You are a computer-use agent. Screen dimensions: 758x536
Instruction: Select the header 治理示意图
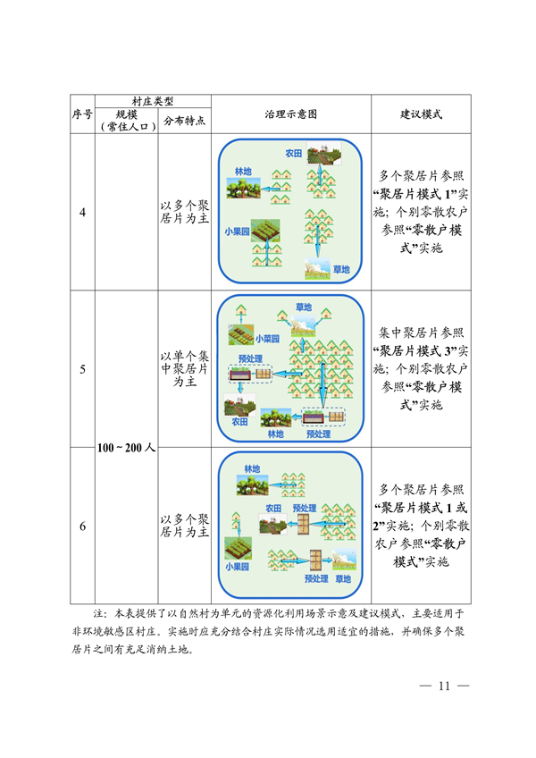[290, 114]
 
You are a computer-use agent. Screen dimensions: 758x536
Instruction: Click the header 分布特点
[184, 122]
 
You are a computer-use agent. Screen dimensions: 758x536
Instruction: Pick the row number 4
[82, 212]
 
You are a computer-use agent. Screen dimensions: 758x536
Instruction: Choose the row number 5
[82, 368]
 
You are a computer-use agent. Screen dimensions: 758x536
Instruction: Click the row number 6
[82, 526]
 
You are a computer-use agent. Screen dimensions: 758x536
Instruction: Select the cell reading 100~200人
[126, 447]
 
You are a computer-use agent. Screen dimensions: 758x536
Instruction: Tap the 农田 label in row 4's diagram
[294, 153]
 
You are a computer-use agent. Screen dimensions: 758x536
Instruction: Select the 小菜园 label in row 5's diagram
[267, 340]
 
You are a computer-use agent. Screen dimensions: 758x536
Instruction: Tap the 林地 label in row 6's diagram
[253, 468]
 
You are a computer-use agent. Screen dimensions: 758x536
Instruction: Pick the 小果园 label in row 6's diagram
[238, 566]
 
